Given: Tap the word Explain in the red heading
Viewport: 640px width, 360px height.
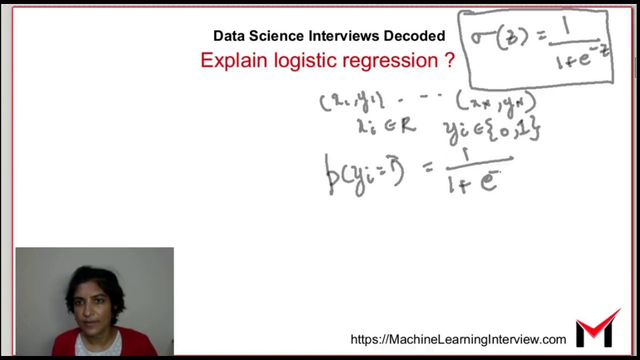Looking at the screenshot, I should point(233,60).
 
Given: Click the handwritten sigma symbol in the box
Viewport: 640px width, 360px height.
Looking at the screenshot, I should point(482,38).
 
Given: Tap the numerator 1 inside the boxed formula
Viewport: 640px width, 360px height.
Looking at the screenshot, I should point(566,27).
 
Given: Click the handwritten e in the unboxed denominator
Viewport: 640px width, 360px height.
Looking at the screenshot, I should point(488,181).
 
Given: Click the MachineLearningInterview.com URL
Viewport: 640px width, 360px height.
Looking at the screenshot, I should point(458,339).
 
